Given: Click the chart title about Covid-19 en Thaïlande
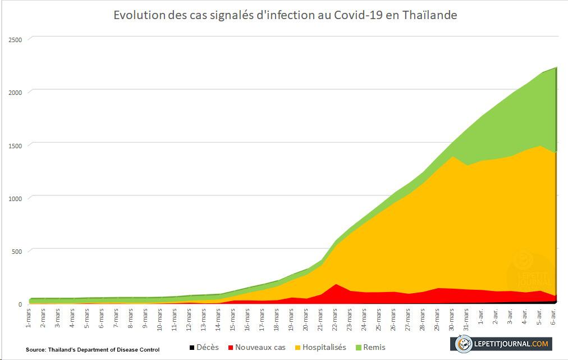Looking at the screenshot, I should tap(285, 15).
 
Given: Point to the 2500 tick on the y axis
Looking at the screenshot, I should tap(15, 39).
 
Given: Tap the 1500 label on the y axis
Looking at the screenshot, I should tap(15, 145).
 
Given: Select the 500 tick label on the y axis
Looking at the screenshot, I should tap(17, 251).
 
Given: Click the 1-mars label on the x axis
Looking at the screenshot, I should tap(29, 319).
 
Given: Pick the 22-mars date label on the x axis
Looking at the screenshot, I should tap(335, 319).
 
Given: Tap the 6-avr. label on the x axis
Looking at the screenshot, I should tap(554, 318).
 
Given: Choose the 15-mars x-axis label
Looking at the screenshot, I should tap(233, 319).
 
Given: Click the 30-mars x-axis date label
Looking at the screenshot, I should tap(452, 319).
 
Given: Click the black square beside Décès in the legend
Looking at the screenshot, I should tap(191, 348).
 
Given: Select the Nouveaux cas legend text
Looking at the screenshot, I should tap(260, 348).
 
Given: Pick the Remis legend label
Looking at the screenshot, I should tap(373, 348).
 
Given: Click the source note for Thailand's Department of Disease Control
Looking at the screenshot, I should tap(93, 350).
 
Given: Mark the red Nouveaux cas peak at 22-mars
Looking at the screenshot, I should tap(335, 284).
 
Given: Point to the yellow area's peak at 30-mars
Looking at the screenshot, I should tap(452, 157).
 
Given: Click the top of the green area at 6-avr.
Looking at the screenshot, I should tap(555, 67).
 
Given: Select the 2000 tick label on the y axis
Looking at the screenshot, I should tap(15, 92).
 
